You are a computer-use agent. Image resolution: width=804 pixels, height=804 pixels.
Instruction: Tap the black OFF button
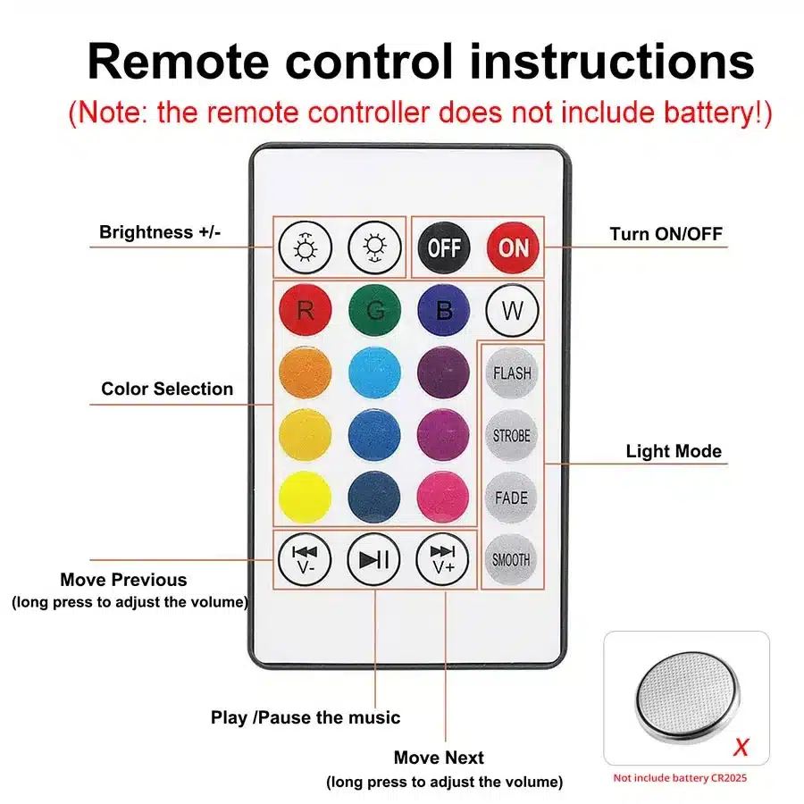pyautogui.click(x=443, y=247)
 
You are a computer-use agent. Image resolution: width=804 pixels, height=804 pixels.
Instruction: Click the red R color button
pyautogui.click(x=305, y=311)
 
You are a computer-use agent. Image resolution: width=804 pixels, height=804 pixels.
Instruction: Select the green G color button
pyautogui.click(x=374, y=311)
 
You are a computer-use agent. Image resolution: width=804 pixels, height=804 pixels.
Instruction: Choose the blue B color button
pyautogui.click(x=443, y=311)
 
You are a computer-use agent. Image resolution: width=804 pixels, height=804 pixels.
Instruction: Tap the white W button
pyautogui.click(x=512, y=311)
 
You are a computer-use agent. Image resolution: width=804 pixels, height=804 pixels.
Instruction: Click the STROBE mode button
pyautogui.click(x=512, y=436)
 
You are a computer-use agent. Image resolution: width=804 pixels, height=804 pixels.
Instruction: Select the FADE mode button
pyautogui.click(x=512, y=498)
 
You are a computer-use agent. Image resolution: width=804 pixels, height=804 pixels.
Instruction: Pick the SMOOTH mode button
pyautogui.click(x=512, y=560)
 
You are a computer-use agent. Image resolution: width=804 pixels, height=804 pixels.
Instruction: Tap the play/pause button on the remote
pyautogui.click(x=373, y=560)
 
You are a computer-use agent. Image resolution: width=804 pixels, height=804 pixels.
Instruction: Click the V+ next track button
pyautogui.click(x=443, y=560)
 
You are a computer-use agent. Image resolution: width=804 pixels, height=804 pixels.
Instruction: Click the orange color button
pyautogui.click(x=305, y=373)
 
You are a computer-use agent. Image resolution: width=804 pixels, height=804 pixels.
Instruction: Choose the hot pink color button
pyautogui.click(x=443, y=498)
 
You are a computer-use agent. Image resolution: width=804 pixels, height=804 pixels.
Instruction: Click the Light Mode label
pyautogui.click(x=673, y=451)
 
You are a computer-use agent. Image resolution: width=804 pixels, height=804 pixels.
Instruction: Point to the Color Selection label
pyautogui.click(x=167, y=389)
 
